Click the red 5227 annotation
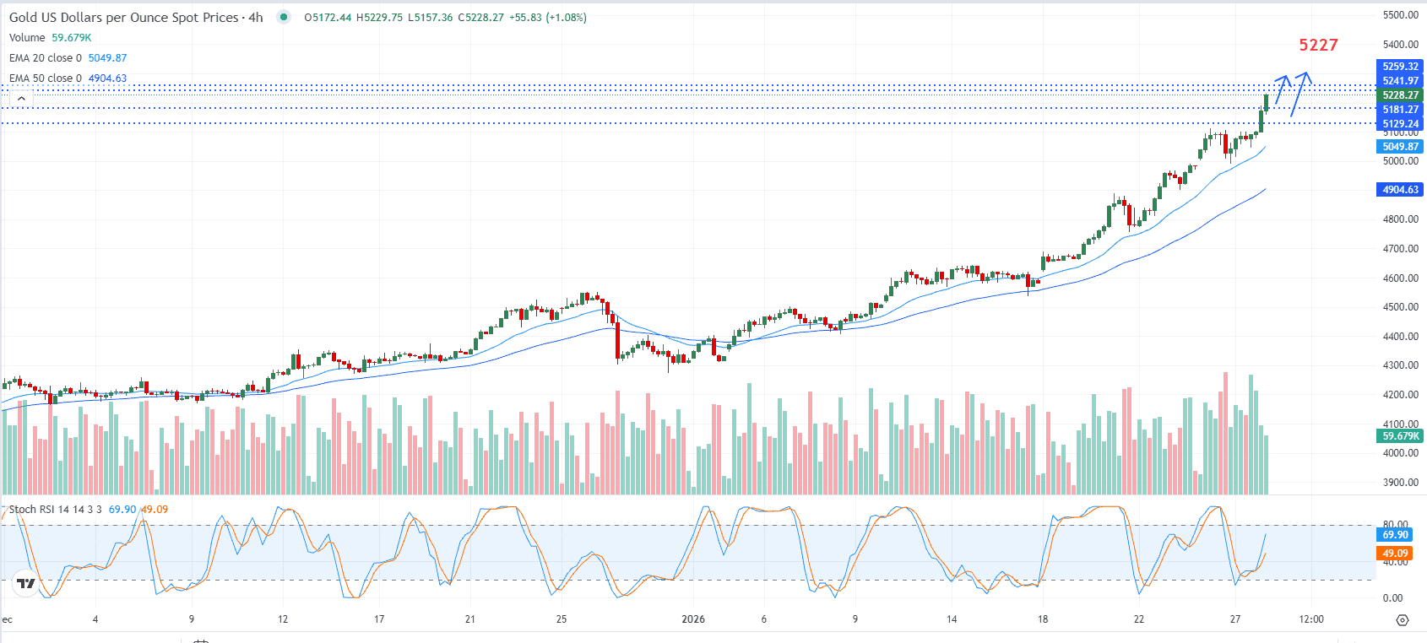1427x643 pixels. click(1318, 45)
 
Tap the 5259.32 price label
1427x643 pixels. click(1400, 67)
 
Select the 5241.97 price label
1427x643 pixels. click(1400, 81)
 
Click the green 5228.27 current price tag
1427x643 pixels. click(1400, 95)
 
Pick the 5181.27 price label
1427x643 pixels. click(1400, 110)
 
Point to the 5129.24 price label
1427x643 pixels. click(1400, 124)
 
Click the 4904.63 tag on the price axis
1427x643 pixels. click(1400, 190)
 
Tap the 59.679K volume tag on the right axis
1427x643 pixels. click(1400, 436)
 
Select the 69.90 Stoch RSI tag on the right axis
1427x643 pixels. click(1395, 535)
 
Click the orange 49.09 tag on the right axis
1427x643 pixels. click(1395, 554)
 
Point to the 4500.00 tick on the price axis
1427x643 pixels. click(1400, 307)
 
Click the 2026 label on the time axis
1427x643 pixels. click(692, 619)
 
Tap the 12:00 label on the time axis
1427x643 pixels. click(1310, 619)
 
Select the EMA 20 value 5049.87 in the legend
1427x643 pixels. click(107, 58)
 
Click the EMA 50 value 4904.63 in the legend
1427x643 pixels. click(107, 78)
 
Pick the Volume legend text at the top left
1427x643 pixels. click(27, 38)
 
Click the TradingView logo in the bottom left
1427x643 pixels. click(26, 582)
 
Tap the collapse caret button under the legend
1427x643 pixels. click(21, 99)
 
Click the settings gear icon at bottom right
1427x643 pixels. click(1403, 620)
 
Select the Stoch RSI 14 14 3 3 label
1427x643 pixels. click(55, 510)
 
